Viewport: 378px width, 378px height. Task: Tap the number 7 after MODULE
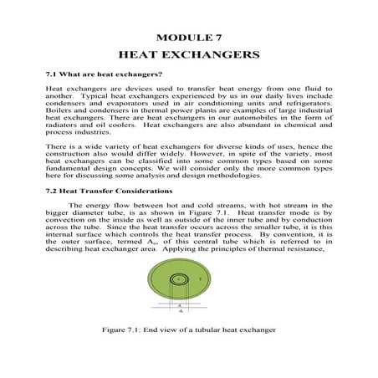tap(218, 38)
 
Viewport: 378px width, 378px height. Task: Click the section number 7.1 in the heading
tap(51, 75)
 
